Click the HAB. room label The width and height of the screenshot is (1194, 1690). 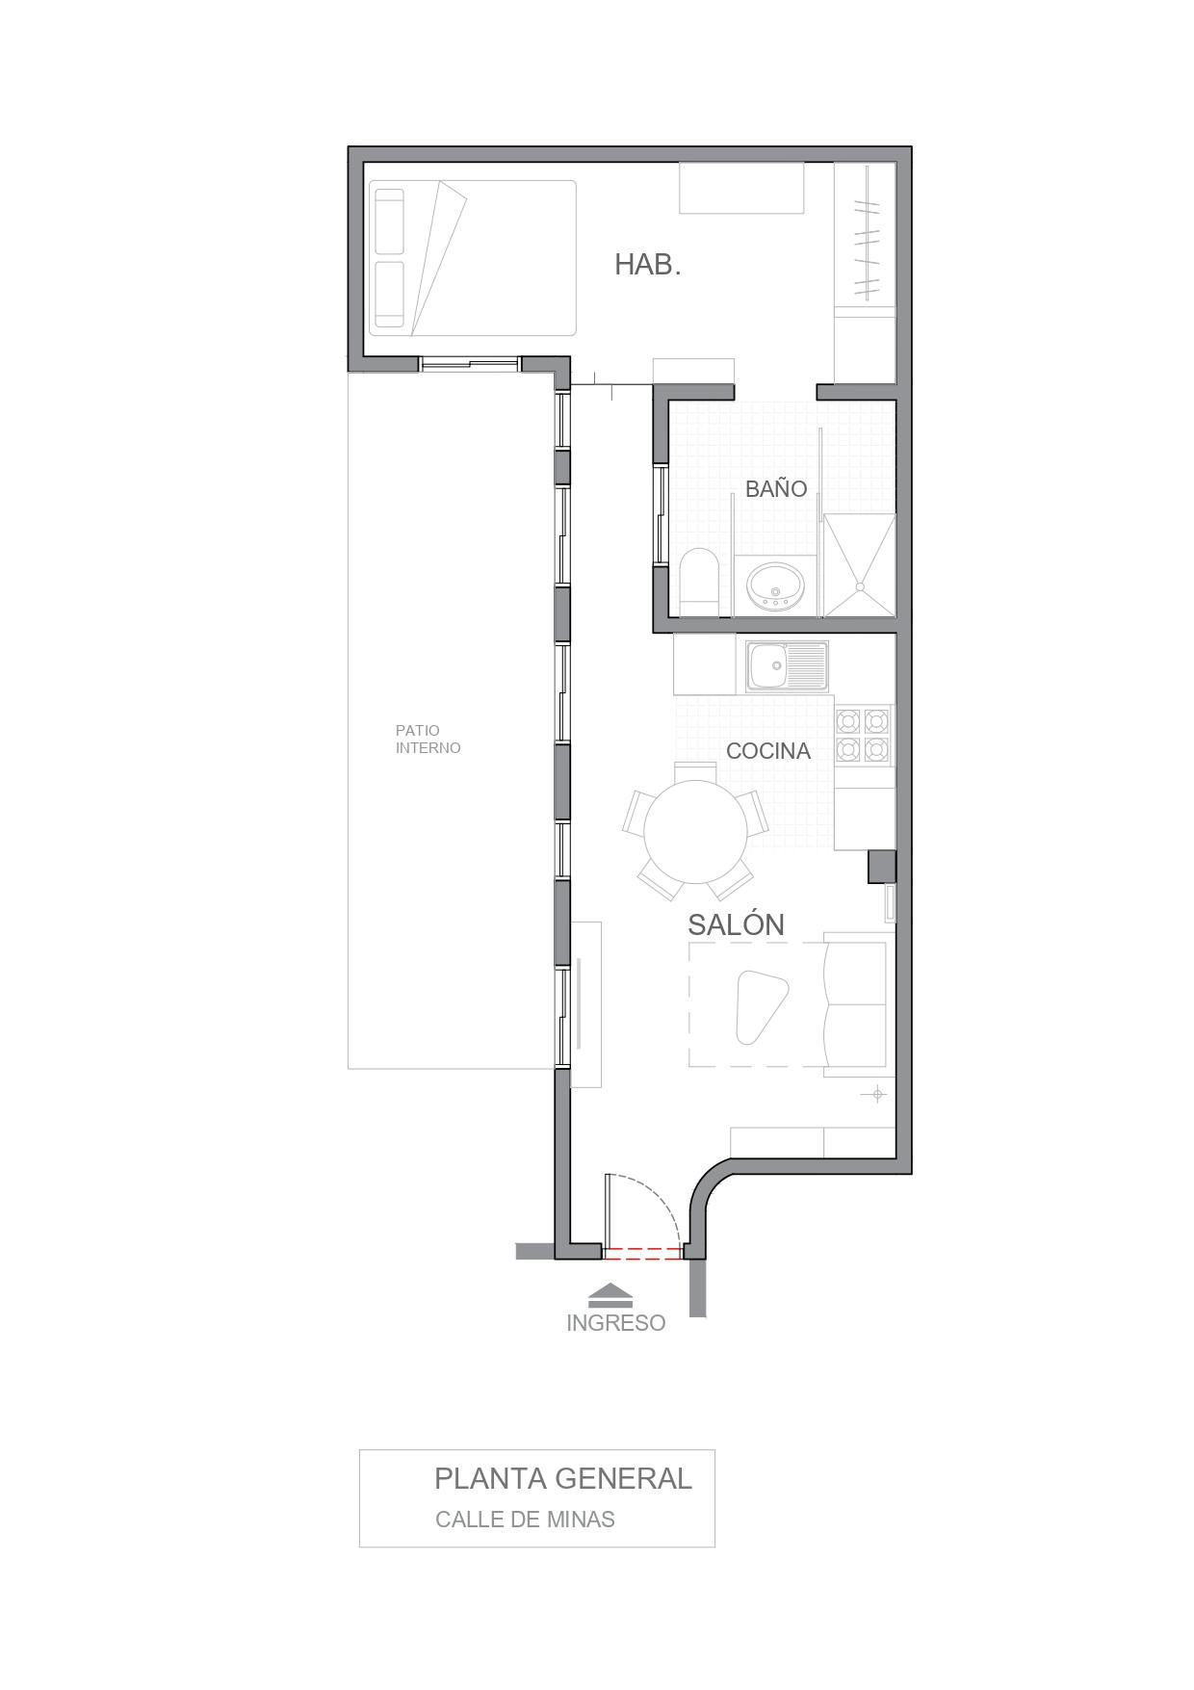[x=648, y=265]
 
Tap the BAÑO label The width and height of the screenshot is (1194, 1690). [x=776, y=488]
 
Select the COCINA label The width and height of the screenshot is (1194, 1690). [x=768, y=751]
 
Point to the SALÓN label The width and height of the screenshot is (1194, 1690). [x=736, y=924]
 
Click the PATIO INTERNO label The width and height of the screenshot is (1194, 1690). [x=428, y=739]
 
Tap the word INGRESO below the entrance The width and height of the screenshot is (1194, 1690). [x=615, y=1323]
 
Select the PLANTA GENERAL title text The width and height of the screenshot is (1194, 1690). [x=563, y=1478]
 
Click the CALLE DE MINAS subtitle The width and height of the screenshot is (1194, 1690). [x=525, y=1520]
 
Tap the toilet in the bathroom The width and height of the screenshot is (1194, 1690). [x=698, y=581]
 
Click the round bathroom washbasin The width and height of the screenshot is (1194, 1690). [x=776, y=586]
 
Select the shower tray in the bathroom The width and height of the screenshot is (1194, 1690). [x=860, y=565]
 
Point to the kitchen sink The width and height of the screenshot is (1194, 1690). [x=787, y=666]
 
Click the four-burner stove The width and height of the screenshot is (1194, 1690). [x=863, y=735]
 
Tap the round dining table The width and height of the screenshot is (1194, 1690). [x=694, y=832]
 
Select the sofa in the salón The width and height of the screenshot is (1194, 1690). [x=856, y=1003]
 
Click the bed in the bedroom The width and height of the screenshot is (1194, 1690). [x=473, y=258]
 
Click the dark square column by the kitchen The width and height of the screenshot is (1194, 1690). [x=882, y=867]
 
